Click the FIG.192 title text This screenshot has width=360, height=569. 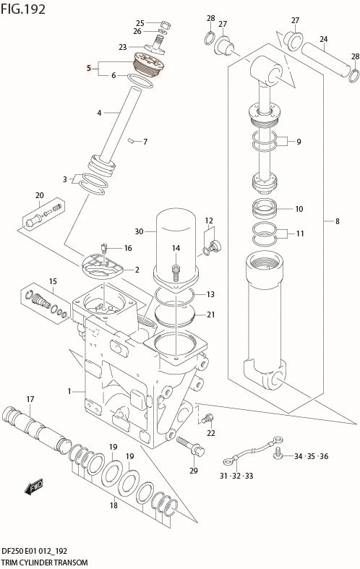23,9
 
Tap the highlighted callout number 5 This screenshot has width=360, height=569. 89,68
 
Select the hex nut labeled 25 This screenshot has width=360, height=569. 165,25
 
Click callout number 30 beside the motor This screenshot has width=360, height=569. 139,231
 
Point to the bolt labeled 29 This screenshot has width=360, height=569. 191,446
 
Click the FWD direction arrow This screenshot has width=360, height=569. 34,487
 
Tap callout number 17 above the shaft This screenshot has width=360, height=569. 30,399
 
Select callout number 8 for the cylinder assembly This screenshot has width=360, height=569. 337,221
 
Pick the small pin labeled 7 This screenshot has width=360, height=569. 132,140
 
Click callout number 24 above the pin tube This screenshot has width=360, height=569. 324,38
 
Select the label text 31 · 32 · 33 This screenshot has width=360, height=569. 236,476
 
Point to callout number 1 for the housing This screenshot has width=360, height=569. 69,391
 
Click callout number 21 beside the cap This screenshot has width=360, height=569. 211,315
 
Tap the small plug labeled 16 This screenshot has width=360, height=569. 104,249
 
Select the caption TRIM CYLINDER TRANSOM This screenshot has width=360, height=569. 45,562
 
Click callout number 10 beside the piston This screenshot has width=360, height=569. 299,209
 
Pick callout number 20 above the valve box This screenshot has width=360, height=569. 39,195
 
